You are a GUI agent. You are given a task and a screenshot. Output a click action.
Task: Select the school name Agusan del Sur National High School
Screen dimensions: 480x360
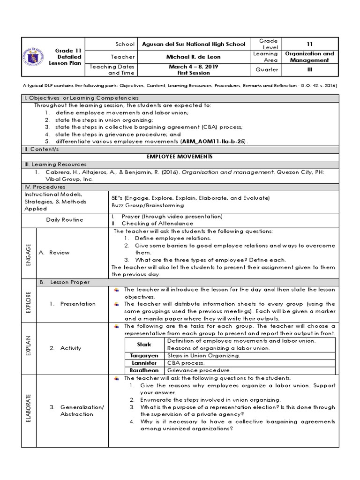pos(193,44)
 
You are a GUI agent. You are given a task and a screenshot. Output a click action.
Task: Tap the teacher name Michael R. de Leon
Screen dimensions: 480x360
pos(193,57)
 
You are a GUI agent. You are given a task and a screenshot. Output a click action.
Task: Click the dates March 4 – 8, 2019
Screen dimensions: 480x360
pos(193,67)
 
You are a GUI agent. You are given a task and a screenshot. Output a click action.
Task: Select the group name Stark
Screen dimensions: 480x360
pos(144,344)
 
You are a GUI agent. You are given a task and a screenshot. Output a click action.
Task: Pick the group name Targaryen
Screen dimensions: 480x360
pos(144,356)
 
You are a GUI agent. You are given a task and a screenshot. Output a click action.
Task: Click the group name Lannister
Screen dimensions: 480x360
pos(144,363)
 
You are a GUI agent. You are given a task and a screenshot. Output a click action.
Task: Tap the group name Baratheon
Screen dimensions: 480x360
pos(144,370)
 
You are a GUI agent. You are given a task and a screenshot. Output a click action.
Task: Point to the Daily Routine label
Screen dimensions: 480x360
pos(65,220)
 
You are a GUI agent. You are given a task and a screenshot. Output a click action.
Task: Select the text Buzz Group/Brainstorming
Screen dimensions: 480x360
pos(141,205)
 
